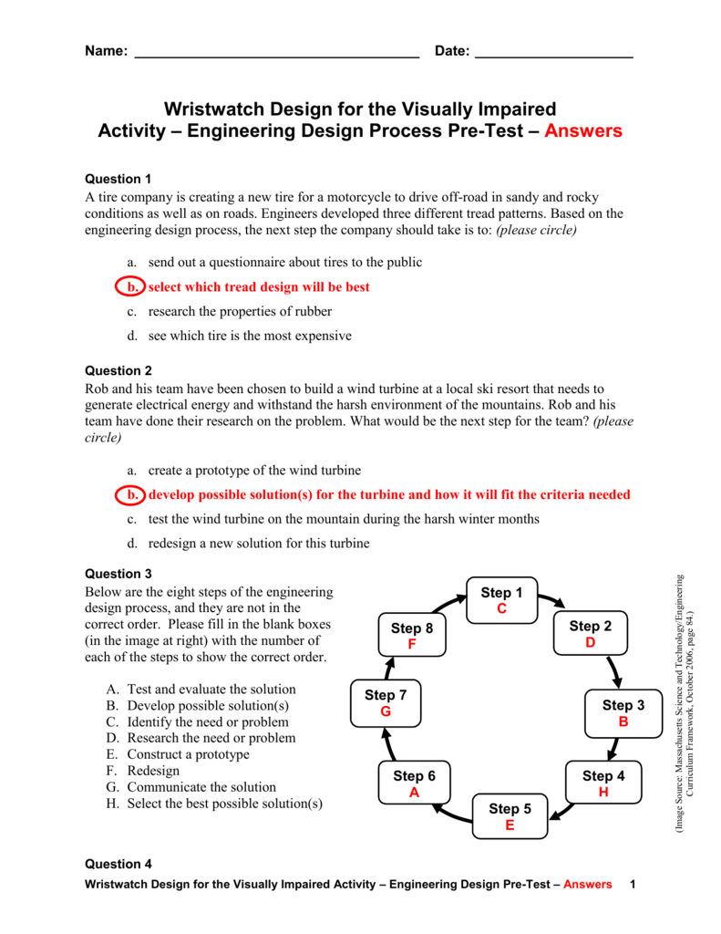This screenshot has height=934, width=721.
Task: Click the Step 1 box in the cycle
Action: pyautogui.click(x=501, y=601)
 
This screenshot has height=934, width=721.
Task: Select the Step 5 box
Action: pyautogui.click(x=510, y=816)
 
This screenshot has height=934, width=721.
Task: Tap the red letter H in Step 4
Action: pyautogui.click(x=603, y=793)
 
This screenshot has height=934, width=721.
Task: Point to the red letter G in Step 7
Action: pyautogui.click(x=386, y=711)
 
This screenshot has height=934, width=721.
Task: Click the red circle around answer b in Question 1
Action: pyautogui.click(x=131, y=286)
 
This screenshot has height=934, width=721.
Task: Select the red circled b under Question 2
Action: pyautogui.click(x=131, y=494)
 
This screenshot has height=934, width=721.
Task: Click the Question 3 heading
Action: pyautogui.click(x=118, y=574)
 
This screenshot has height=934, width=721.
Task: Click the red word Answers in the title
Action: pyautogui.click(x=583, y=130)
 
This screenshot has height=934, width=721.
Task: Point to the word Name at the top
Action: pyautogui.click(x=105, y=51)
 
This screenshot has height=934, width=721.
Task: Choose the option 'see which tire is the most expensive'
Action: pyautogui.click(x=249, y=336)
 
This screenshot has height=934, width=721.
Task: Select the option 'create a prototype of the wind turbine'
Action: pyautogui.click(x=254, y=470)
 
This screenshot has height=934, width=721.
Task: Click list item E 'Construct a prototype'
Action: pyautogui.click(x=187, y=754)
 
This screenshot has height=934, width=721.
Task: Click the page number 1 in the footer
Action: pyautogui.click(x=632, y=885)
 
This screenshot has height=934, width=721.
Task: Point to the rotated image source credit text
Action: pyautogui.click(x=685, y=702)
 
